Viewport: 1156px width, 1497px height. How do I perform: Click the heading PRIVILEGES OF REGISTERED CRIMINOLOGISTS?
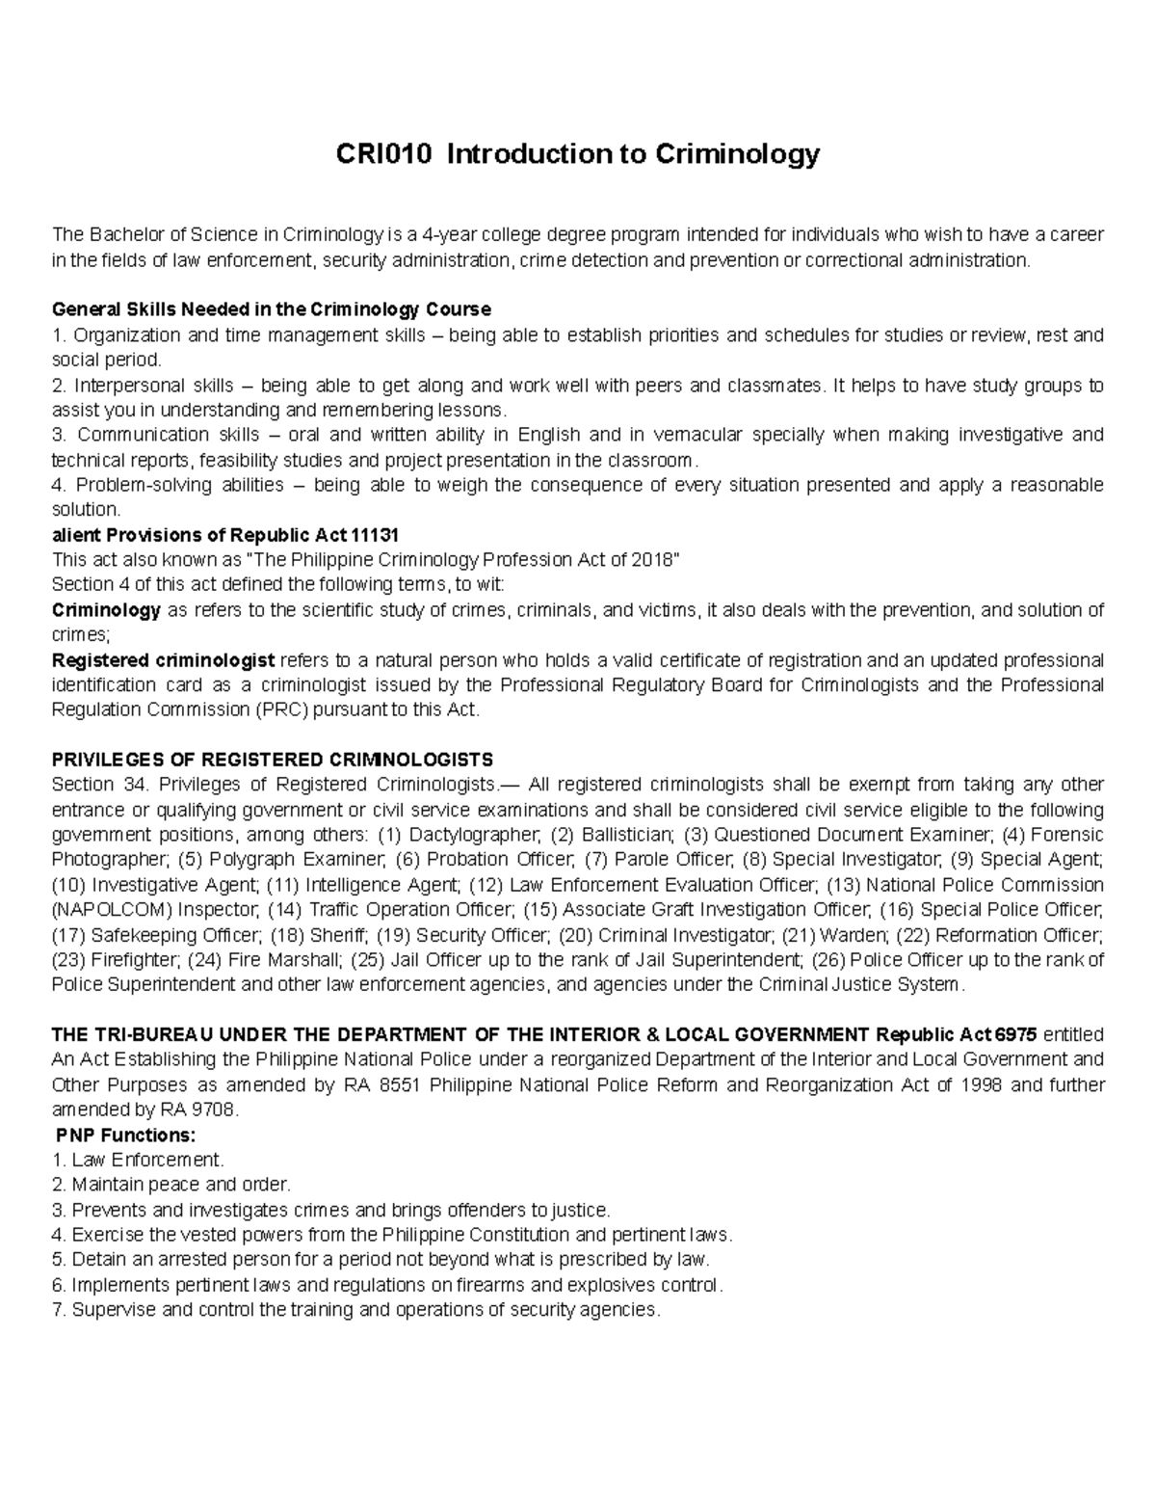tap(272, 760)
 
